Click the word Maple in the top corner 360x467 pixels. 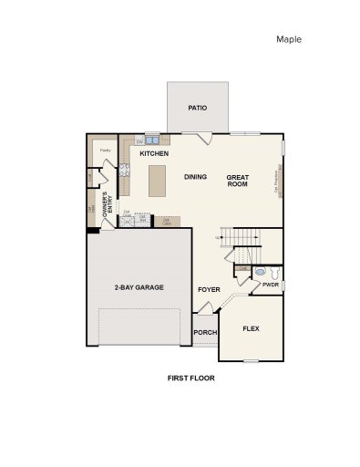click(x=288, y=39)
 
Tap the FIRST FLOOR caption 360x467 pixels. click(x=190, y=377)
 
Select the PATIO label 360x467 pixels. click(x=197, y=108)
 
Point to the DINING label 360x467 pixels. click(x=195, y=176)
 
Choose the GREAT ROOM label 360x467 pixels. click(x=238, y=180)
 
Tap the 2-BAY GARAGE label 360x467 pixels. click(x=139, y=287)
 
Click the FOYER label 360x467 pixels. click(x=209, y=289)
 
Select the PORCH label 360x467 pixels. click(x=206, y=332)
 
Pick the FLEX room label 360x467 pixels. click(x=251, y=327)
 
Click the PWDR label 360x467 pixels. click(x=270, y=285)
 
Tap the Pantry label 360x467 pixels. click(x=105, y=150)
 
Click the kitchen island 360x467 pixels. click(x=158, y=179)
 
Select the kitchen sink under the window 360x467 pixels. click(x=151, y=140)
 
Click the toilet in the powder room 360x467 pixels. click(x=262, y=272)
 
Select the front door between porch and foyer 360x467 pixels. click(x=207, y=313)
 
